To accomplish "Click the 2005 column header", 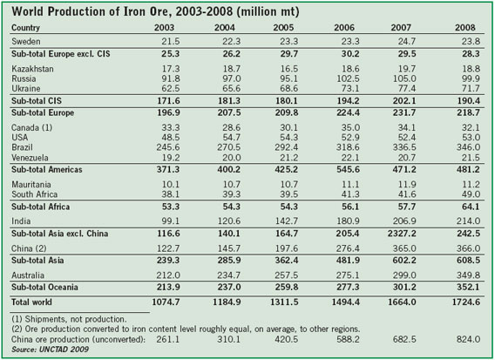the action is (283, 28).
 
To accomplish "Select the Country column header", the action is (25, 28).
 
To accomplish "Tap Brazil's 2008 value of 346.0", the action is (468, 147).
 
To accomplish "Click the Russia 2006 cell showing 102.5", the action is (348, 78).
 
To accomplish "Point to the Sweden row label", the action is (26, 41).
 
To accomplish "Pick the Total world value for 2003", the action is (166, 302).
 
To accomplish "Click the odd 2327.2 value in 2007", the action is (401, 234).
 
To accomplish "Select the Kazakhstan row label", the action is (32, 69).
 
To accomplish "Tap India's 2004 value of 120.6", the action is (229, 221).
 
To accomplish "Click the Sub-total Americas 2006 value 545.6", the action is (348, 169).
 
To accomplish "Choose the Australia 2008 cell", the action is (468, 275).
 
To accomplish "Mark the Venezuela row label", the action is (30, 158).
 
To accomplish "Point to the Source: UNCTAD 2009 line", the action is (50, 350).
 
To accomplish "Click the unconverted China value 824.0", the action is (468, 339).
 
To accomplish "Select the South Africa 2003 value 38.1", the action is (171, 194).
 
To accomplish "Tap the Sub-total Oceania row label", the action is (44, 287).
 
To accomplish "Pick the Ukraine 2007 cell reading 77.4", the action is (407, 88).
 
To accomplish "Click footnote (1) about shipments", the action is (69, 319).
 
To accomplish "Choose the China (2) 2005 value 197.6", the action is (287, 248).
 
